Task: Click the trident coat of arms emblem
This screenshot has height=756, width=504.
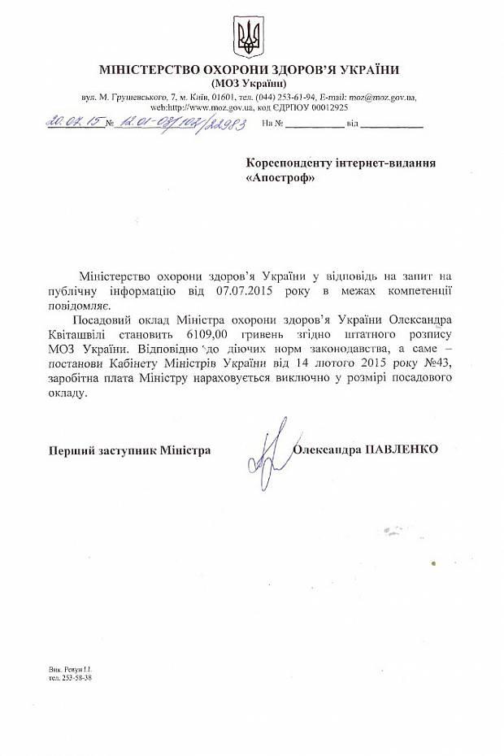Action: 251,34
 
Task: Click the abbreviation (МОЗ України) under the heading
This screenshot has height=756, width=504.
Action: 251,84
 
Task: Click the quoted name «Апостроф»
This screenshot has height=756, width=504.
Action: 278,176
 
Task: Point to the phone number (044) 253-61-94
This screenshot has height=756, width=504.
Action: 290,98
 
